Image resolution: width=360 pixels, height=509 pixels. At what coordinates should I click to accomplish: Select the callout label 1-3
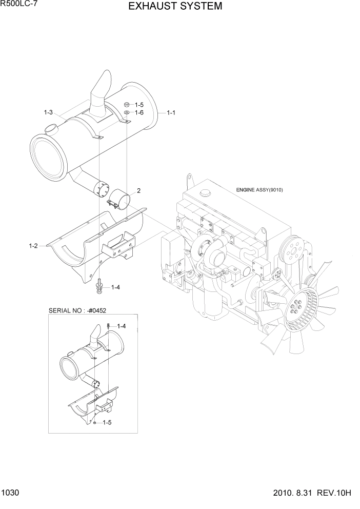49,112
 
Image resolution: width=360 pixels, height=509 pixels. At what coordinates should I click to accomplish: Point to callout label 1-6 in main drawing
139,112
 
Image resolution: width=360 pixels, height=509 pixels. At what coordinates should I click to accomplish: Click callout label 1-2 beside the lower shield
33,246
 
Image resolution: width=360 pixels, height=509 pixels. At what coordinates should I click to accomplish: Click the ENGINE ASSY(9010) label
259,190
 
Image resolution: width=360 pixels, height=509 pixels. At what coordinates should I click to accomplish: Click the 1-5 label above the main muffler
139,105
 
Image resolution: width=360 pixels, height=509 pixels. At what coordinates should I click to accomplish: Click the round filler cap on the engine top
206,193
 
